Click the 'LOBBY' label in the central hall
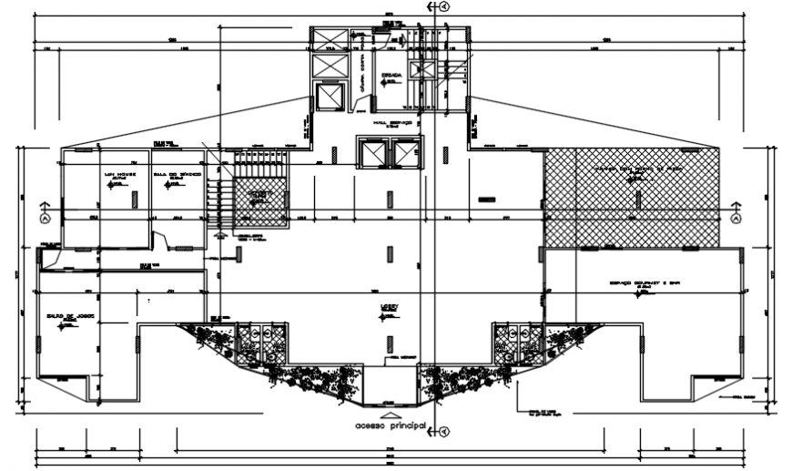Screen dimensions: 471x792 coord(391,310)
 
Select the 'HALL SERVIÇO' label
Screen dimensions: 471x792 coord(393,122)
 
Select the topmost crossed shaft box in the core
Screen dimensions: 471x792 coord(329,39)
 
